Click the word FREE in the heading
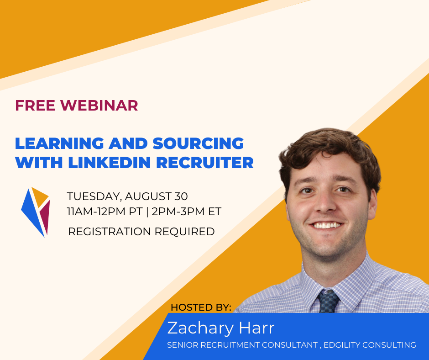pos(35,106)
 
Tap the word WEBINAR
pos(99,106)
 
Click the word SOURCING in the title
pos(198,143)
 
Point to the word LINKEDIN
pos(110,163)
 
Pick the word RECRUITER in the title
pos(205,163)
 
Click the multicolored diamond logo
pos(36,212)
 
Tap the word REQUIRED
pos(185,232)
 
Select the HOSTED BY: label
pos(201,307)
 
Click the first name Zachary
pos(200,328)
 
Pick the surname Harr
pos(256,328)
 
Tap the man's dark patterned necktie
pos(328,301)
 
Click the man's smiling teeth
pos(326,226)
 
